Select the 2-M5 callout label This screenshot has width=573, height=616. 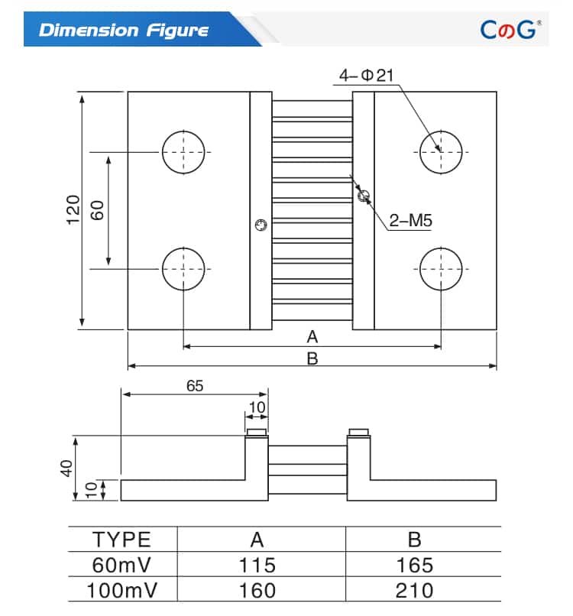tap(410, 222)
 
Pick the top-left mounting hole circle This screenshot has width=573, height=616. tap(183, 151)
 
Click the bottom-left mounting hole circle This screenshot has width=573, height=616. tap(183, 269)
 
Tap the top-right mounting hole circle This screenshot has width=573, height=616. tap(441, 151)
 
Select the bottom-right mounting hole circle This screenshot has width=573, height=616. tap(441, 269)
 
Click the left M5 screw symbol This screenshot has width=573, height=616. tap(261, 225)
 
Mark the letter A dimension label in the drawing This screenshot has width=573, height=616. tap(312, 336)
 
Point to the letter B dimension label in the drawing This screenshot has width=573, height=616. tap(312, 358)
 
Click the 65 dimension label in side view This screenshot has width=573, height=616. tap(195, 386)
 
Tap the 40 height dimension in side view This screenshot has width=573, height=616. tap(66, 468)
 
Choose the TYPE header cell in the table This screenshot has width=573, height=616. tap(122, 539)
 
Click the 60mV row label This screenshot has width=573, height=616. tap(122, 565)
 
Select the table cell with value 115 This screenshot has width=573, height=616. tap(257, 565)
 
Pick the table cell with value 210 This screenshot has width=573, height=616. tap(414, 590)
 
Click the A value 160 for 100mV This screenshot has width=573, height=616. tap(257, 590)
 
